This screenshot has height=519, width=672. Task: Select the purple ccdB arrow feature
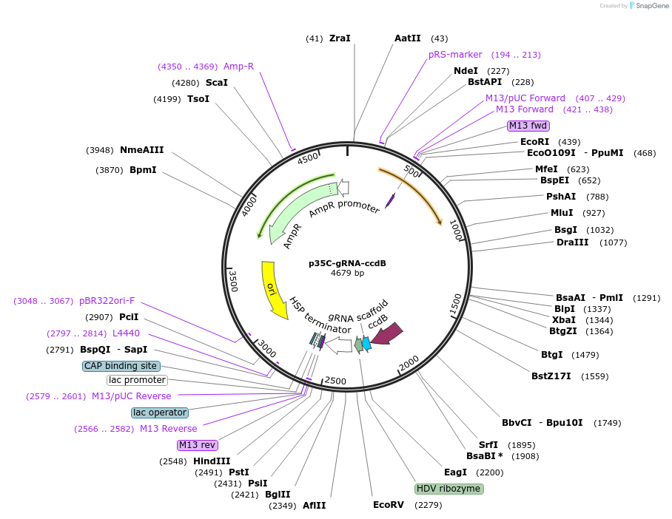(x=386, y=333)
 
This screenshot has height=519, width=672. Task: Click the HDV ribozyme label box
(x=448, y=489)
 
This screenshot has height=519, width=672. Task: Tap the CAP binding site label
(x=121, y=366)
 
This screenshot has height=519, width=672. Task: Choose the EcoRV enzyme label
(x=388, y=506)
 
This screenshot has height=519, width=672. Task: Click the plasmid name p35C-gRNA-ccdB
(x=347, y=263)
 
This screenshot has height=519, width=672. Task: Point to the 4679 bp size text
(x=347, y=274)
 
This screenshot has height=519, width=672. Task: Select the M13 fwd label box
(x=528, y=126)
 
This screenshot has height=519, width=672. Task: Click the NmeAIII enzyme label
(x=141, y=150)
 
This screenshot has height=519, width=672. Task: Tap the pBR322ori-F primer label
(x=107, y=301)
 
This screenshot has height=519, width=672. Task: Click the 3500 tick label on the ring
(x=233, y=281)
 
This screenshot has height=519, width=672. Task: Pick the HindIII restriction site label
(x=212, y=461)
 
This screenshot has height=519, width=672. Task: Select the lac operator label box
(x=160, y=413)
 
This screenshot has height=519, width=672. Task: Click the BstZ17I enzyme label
(x=551, y=376)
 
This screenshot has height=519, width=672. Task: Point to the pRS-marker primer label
(x=455, y=55)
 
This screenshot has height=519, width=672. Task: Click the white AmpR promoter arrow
(x=343, y=188)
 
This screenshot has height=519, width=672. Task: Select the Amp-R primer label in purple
(x=238, y=67)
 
